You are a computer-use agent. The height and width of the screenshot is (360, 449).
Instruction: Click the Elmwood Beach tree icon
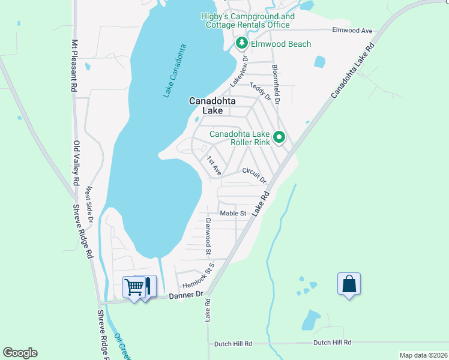242,43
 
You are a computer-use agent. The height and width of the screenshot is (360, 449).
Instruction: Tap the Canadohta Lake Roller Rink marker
279,138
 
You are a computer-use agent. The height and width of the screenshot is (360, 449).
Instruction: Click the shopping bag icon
349,283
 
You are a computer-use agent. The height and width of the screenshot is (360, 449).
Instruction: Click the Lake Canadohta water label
175,71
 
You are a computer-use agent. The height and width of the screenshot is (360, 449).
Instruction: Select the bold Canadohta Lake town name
212,106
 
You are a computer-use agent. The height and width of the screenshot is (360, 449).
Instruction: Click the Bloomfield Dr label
276,84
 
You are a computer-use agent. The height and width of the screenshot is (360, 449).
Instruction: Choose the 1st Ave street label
214,166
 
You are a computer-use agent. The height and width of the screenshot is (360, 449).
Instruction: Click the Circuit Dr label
254,174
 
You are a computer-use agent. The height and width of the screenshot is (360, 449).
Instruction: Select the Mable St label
234,213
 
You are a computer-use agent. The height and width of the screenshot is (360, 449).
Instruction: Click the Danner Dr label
186,295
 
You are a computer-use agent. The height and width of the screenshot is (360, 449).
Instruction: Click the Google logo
20,352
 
